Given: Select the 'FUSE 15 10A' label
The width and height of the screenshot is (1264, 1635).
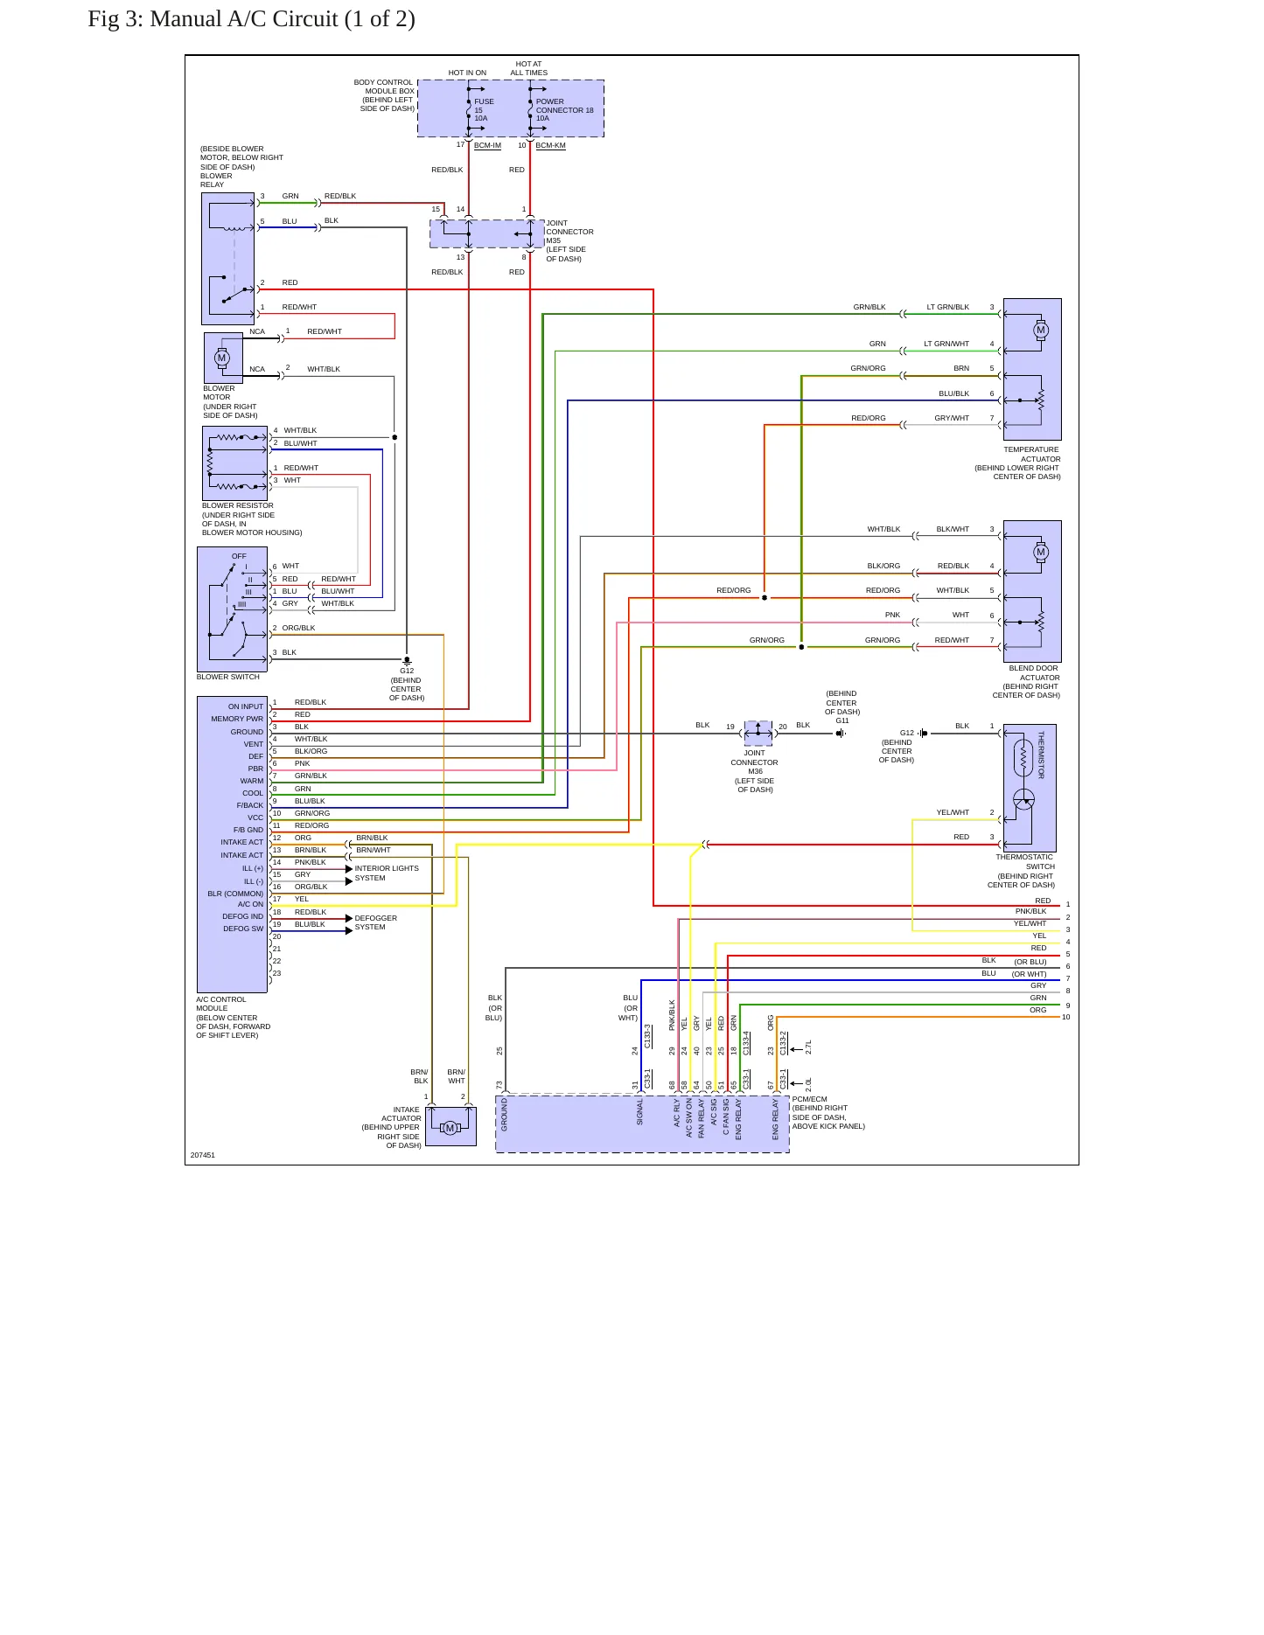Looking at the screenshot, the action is point(484,110).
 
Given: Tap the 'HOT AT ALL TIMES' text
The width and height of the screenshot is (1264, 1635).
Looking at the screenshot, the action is point(529,68).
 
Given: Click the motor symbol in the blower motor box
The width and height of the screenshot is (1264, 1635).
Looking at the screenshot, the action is point(222,358).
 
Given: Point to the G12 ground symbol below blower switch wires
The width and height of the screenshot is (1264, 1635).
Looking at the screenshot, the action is point(407,661).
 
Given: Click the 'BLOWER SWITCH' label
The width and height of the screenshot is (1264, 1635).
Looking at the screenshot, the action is point(228,677).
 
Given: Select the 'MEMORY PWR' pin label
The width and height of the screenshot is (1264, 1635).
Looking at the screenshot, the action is point(237,719).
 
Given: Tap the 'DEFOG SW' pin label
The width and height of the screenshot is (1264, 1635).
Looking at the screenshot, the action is point(243,929).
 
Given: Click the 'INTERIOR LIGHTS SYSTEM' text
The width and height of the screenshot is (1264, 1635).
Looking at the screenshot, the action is point(387,873).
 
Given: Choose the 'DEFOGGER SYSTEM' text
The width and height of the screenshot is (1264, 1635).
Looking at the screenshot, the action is point(376,922).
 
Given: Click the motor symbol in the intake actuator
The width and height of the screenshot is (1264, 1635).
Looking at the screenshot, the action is point(450,1128).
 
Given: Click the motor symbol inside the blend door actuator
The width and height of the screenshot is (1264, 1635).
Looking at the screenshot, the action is point(1041,553).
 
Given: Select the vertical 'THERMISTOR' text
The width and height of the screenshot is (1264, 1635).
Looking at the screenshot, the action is point(1041,755).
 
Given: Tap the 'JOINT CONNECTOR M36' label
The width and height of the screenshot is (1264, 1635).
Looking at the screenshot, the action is point(755,762).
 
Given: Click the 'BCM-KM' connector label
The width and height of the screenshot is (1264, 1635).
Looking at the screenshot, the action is point(551,145).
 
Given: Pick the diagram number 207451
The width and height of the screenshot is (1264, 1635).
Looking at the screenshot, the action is point(203,1155).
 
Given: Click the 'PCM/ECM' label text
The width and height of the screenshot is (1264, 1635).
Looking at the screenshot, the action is point(810,1099).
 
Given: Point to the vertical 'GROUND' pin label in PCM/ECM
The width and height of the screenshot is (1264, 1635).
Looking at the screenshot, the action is point(505,1115).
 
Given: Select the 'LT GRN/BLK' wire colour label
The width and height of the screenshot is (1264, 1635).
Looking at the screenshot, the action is point(948,307).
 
